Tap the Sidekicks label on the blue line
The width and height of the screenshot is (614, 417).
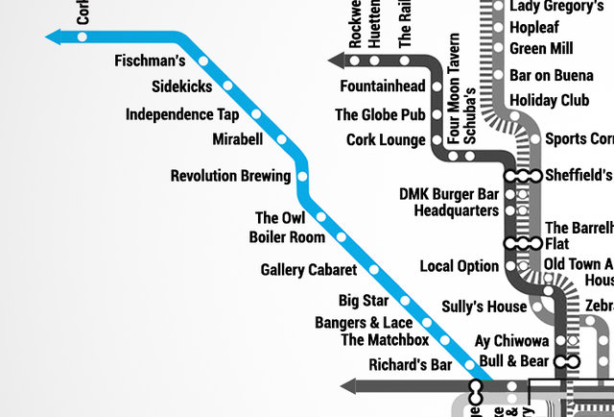(x=182, y=87)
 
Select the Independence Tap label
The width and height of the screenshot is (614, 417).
(x=182, y=114)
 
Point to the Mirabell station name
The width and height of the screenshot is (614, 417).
(x=237, y=140)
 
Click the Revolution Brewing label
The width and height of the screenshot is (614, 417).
(x=230, y=176)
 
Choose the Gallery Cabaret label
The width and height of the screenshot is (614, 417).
(x=308, y=270)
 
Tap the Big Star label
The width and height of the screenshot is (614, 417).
(x=364, y=302)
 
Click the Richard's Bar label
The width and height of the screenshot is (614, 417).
(x=410, y=365)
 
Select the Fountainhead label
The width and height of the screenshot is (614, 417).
(x=382, y=86)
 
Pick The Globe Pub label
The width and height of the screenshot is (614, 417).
(x=379, y=114)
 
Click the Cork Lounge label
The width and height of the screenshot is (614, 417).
(x=386, y=140)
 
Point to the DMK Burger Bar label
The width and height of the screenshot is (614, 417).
(x=449, y=193)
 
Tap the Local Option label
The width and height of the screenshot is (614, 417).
(x=460, y=266)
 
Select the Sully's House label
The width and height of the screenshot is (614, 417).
(x=484, y=307)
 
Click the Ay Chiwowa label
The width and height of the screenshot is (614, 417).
(x=512, y=341)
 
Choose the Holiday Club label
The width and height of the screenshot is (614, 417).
(x=549, y=100)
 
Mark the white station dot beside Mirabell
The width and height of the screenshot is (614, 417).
(x=281, y=140)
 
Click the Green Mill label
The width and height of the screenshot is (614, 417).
(x=542, y=48)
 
